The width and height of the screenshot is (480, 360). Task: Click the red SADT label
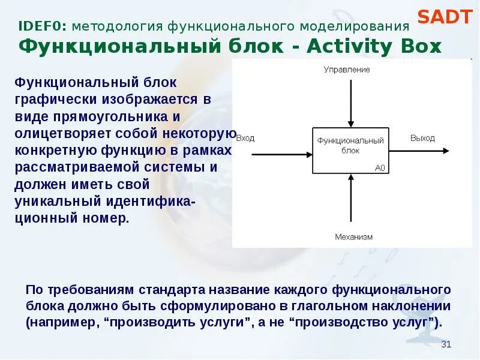coord(445,17)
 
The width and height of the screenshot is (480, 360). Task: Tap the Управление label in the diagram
coord(347,70)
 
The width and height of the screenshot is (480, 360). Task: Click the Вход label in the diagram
coord(245,138)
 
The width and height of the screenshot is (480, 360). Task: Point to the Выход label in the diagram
coord(422,138)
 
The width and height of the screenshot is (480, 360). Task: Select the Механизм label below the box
coord(353,236)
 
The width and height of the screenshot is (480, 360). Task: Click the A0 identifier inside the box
coord(380,168)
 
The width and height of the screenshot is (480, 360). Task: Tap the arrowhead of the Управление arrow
coord(350,124)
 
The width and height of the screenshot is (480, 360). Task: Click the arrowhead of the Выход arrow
coord(449,154)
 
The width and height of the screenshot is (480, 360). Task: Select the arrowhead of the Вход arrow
coord(308,154)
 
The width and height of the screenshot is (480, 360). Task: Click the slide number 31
coord(446,344)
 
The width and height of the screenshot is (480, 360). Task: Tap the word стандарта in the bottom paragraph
coord(164,290)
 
